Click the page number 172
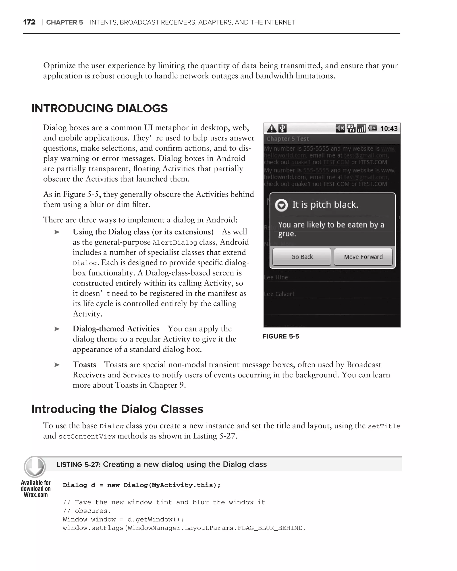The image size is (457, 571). coord(29,22)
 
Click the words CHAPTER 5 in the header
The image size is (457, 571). coord(64,22)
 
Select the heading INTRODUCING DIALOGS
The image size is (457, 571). coord(99,108)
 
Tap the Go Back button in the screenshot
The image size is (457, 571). coord(302,257)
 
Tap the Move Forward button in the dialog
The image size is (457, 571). coord(363,257)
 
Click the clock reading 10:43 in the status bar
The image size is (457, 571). coord(389,129)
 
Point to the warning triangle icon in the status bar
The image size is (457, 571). coord(272,129)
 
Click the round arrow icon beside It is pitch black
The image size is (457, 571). coord(281,205)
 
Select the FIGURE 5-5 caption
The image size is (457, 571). coord(281,336)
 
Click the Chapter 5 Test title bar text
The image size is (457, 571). coord(288,139)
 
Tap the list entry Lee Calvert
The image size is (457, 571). coord(279,294)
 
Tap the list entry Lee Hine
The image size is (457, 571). coord(276,277)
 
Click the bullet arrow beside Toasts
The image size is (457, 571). coord(57,365)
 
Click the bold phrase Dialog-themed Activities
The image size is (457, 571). coord(116,329)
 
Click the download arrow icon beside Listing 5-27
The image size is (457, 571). coord(35,467)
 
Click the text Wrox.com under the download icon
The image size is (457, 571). coord(36,495)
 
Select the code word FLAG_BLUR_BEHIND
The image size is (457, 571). coord(270,528)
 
